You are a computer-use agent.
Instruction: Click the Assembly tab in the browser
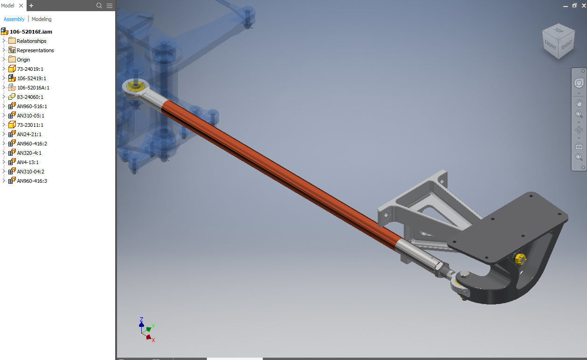coord(14,19)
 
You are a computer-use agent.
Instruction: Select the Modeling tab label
coord(41,19)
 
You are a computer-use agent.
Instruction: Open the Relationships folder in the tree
coord(31,41)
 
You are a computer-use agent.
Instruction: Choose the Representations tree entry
coord(35,50)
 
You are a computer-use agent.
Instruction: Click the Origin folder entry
coord(23,60)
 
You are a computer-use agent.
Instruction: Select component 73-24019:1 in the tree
coord(30,69)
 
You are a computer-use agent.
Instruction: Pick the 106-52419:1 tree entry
coord(31,78)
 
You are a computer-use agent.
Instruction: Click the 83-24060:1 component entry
coord(30,97)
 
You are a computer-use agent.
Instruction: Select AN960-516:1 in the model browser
coord(32,106)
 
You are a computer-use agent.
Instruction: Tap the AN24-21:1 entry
coord(29,134)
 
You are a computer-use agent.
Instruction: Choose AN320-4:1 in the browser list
coord(29,153)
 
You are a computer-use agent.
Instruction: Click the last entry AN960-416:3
coord(32,181)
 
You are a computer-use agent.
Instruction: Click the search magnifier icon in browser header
coord(99,6)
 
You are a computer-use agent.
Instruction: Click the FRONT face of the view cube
coord(551,45)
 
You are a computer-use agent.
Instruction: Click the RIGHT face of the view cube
coord(566,45)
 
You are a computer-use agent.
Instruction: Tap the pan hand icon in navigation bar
coord(579,103)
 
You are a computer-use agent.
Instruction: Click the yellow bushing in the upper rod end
coord(136,86)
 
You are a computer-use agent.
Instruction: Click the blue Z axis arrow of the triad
coord(141,321)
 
